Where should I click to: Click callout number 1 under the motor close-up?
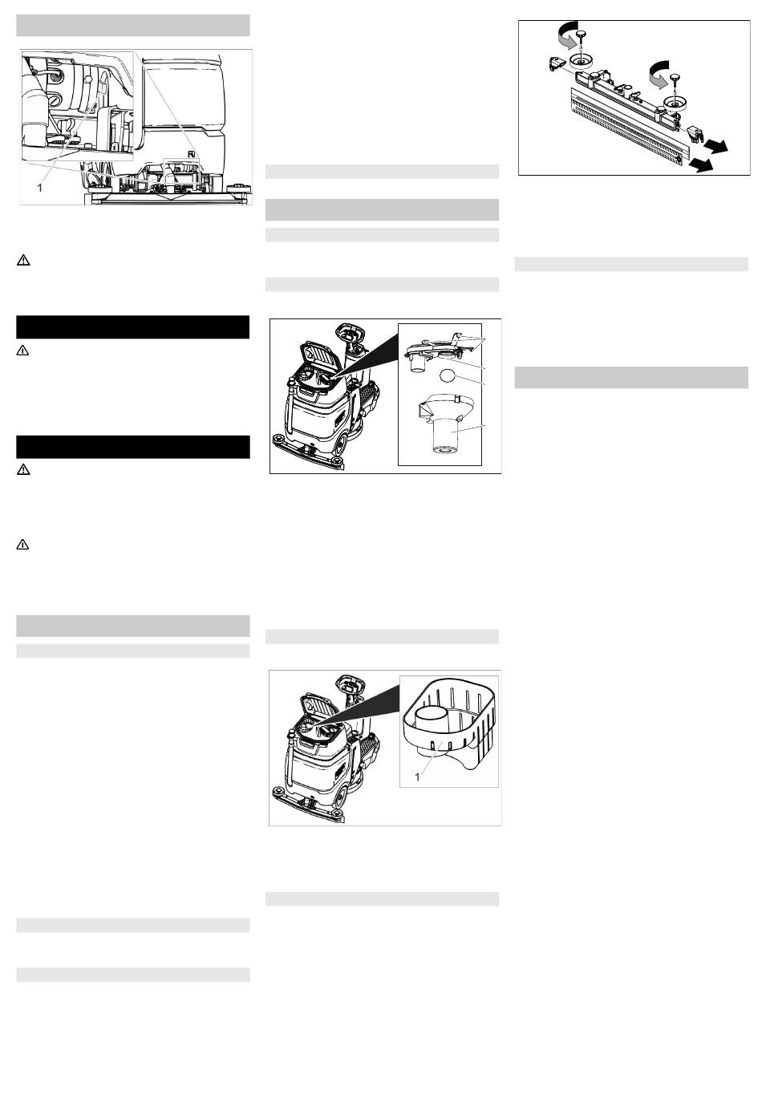pos(40,188)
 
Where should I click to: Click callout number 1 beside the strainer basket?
pos(418,777)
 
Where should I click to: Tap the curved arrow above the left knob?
pos(567,35)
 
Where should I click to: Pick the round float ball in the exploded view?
pos(448,375)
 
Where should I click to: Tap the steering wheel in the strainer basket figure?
pos(351,683)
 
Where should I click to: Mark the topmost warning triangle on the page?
pos(23,261)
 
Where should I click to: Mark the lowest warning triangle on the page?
pos(22,545)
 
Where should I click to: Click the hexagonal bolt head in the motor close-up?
pos(87,79)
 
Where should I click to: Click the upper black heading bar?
pos(133,327)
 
